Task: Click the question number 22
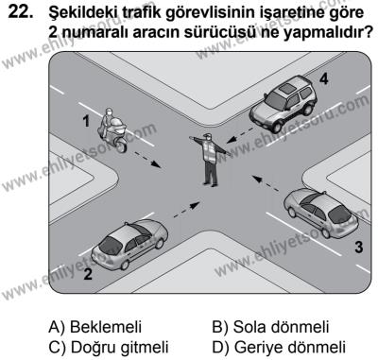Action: pyautogui.click(x=20, y=13)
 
